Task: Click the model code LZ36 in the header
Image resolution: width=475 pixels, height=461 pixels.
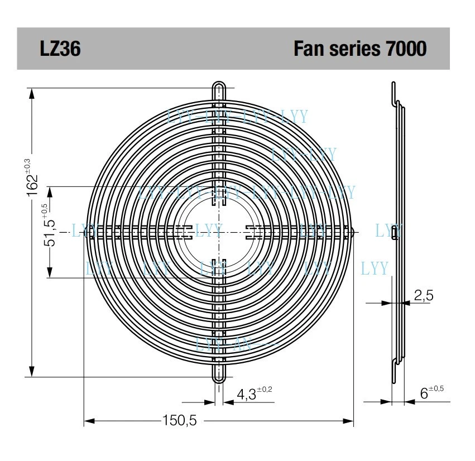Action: click(60, 49)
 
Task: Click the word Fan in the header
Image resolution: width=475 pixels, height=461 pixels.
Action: click(309, 49)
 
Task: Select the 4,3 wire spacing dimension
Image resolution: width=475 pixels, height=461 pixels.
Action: click(246, 395)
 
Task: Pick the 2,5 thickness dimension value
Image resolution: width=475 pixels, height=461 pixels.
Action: click(423, 295)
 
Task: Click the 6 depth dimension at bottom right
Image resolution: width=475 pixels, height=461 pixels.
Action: click(424, 393)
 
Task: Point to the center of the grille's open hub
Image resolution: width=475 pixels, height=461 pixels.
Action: click(219, 231)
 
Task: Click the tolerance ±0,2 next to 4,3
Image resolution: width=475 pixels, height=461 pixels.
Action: click(265, 390)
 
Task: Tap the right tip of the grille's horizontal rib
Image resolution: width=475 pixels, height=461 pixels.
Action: click(353, 230)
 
